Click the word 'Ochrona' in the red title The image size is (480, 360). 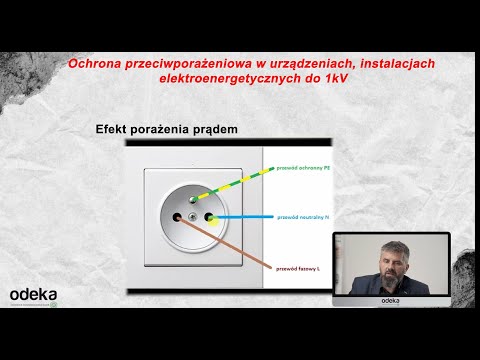point(94,64)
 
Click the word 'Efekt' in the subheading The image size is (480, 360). point(113,130)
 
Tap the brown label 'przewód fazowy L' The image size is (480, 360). point(301,268)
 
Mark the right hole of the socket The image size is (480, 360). point(210,215)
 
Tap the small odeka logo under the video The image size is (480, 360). point(391,299)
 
